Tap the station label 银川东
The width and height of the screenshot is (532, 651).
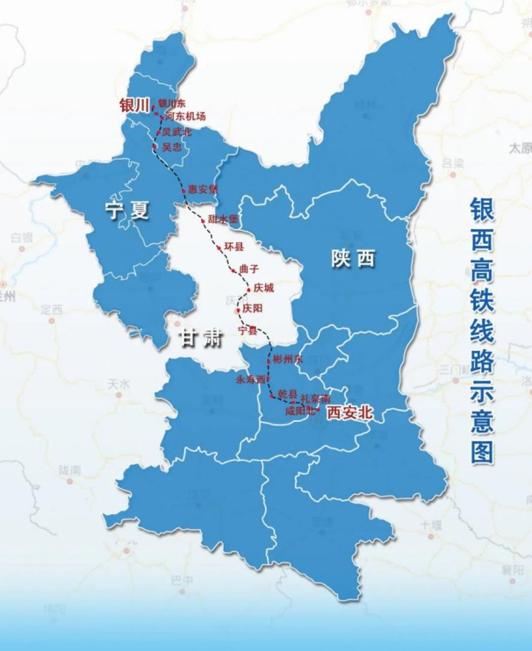tap(174, 104)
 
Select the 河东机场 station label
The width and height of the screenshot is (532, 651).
tap(185, 117)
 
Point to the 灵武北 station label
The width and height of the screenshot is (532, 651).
tap(176, 132)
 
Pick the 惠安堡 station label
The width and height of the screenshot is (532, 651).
tap(201, 190)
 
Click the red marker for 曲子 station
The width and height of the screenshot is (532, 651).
tap(233, 271)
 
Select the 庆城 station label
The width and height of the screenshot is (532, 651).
tap(264, 289)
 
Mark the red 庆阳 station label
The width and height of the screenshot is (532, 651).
tap(252, 309)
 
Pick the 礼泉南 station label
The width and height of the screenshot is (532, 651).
tap(315, 399)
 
